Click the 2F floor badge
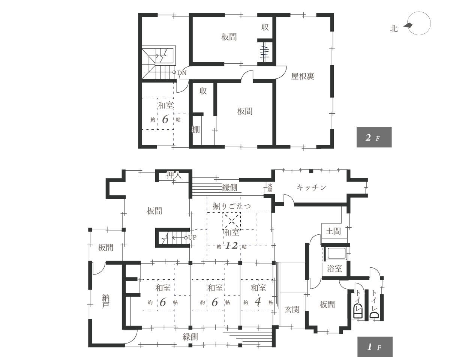[x=374, y=137]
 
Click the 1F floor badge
[x=375, y=347]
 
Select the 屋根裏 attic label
[x=303, y=76]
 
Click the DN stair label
[x=182, y=72]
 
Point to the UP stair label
[x=192, y=237]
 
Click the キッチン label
[x=311, y=187]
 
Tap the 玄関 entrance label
[x=292, y=310]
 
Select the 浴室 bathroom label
[x=334, y=268]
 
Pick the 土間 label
[x=333, y=231]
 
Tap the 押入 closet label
[x=174, y=175]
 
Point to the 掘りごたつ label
[x=231, y=206]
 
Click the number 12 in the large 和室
[x=231, y=246]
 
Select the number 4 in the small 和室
[x=257, y=302]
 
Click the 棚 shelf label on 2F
[x=196, y=130]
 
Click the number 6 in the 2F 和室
[x=165, y=119]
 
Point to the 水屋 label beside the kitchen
[x=270, y=187]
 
